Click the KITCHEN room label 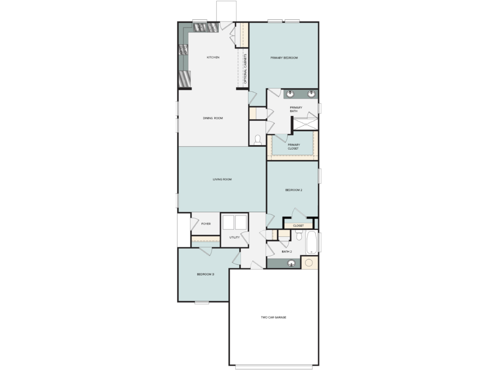[213, 58]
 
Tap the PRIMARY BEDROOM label [284, 58]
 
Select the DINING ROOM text [213, 118]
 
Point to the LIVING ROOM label [222, 179]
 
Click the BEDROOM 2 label [294, 190]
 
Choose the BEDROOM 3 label [205, 274]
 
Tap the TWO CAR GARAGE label [273, 317]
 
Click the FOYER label [206, 224]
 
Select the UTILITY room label [234, 237]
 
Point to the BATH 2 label [287, 252]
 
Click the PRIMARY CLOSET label [294, 147]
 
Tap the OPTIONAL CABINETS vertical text [245, 69]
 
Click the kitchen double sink [200, 27]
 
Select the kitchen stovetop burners [183, 49]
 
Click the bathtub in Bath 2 [311, 242]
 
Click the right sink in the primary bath [311, 94]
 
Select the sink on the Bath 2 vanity [291, 263]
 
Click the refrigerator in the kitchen [184, 79]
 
